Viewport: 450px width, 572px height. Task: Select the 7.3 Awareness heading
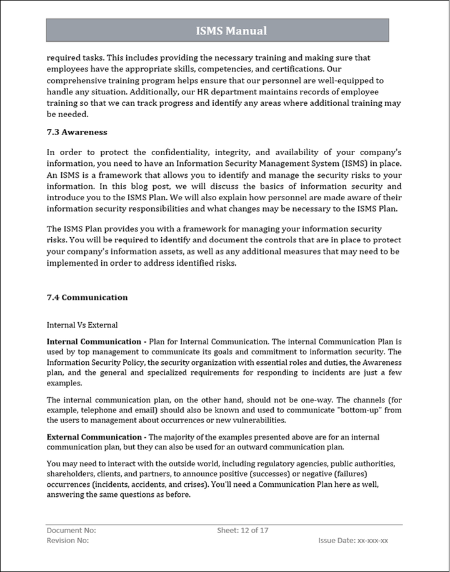point(77,132)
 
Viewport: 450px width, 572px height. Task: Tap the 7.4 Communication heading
point(87,297)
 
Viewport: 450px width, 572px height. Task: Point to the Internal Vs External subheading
point(82,325)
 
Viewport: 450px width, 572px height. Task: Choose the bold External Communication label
point(94,437)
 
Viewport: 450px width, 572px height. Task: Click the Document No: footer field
point(71,530)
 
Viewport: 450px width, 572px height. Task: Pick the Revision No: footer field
point(67,540)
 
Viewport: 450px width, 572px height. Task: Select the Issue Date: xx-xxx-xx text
point(353,540)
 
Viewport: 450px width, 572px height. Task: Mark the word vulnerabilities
point(255,421)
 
